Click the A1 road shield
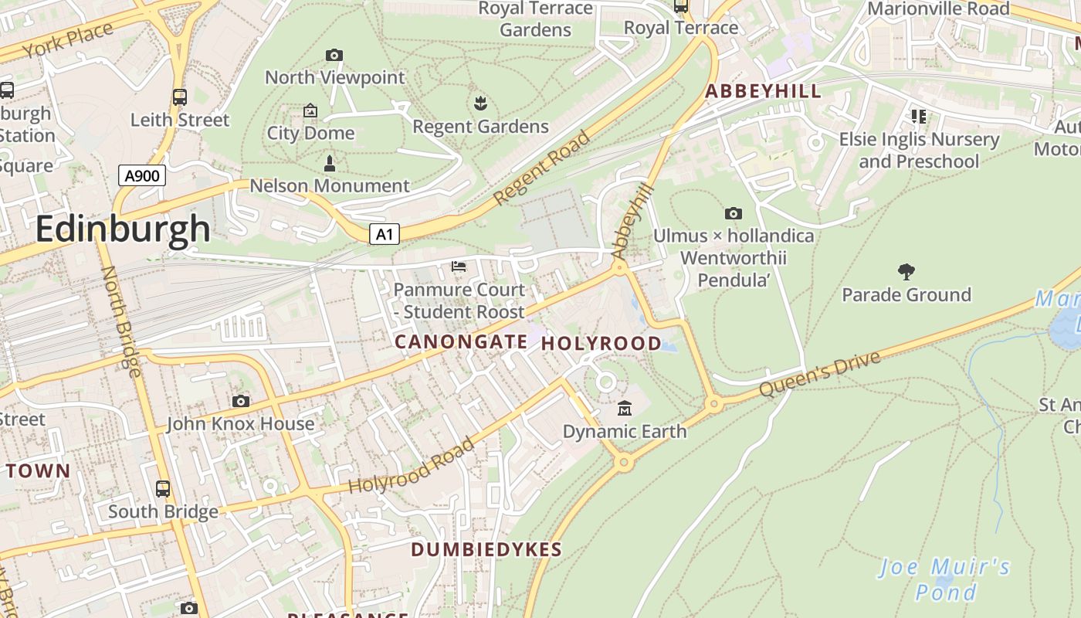point(384,234)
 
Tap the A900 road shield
point(142,175)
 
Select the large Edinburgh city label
point(123,229)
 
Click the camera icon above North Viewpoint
point(334,55)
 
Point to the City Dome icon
point(310,111)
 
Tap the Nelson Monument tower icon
point(330,163)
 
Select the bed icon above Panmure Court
point(459,267)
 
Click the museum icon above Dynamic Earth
point(625,408)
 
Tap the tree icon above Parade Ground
point(906,271)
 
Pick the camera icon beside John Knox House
point(241,401)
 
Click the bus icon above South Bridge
point(163,489)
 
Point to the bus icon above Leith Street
point(180,97)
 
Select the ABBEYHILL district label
point(763,91)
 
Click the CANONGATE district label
point(461,341)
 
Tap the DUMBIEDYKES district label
point(486,550)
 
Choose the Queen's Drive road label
point(819,375)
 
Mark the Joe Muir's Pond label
point(945,579)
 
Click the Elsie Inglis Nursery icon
point(919,117)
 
